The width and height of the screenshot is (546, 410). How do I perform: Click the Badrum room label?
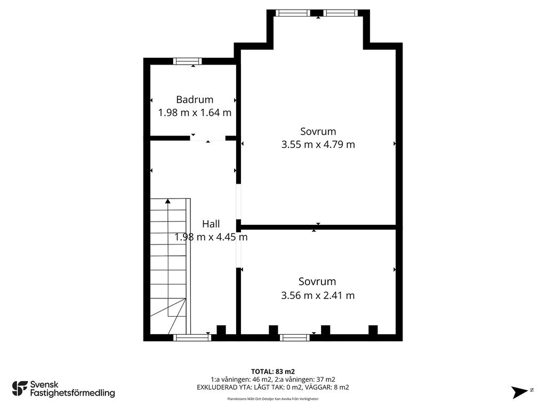tap(195, 100)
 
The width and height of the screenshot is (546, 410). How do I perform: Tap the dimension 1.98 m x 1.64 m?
tap(195, 113)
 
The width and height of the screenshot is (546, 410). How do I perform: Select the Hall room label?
tap(211, 224)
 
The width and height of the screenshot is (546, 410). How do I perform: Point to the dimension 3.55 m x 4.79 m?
tap(318, 144)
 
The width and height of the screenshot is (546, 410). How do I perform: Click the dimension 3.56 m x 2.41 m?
tap(318, 296)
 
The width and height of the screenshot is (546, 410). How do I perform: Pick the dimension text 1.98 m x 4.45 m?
tap(211, 237)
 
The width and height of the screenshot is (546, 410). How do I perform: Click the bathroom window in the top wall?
tap(187, 61)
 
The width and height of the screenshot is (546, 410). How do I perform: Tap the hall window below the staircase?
tap(192, 337)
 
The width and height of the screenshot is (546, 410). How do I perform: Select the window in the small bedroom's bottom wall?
tap(294, 337)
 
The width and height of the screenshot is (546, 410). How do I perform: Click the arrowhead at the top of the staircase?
tap(168, 201)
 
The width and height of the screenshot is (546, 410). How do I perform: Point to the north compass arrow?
tap(519, 392)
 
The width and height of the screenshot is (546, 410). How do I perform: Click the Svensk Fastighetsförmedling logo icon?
tap(20, 389)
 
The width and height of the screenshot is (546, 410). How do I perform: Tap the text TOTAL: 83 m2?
tap(273, 372)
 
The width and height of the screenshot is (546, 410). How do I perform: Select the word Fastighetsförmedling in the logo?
tap(73, 393)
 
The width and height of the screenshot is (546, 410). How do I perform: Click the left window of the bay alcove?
tap(293, 13)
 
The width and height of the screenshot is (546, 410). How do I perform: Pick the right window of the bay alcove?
tap(341, 13)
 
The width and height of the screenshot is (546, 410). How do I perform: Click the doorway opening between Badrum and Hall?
tap(208, 138)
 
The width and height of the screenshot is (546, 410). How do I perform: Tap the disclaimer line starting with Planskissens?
tap(273, 399)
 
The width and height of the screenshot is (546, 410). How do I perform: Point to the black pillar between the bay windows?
tap(317, 13)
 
